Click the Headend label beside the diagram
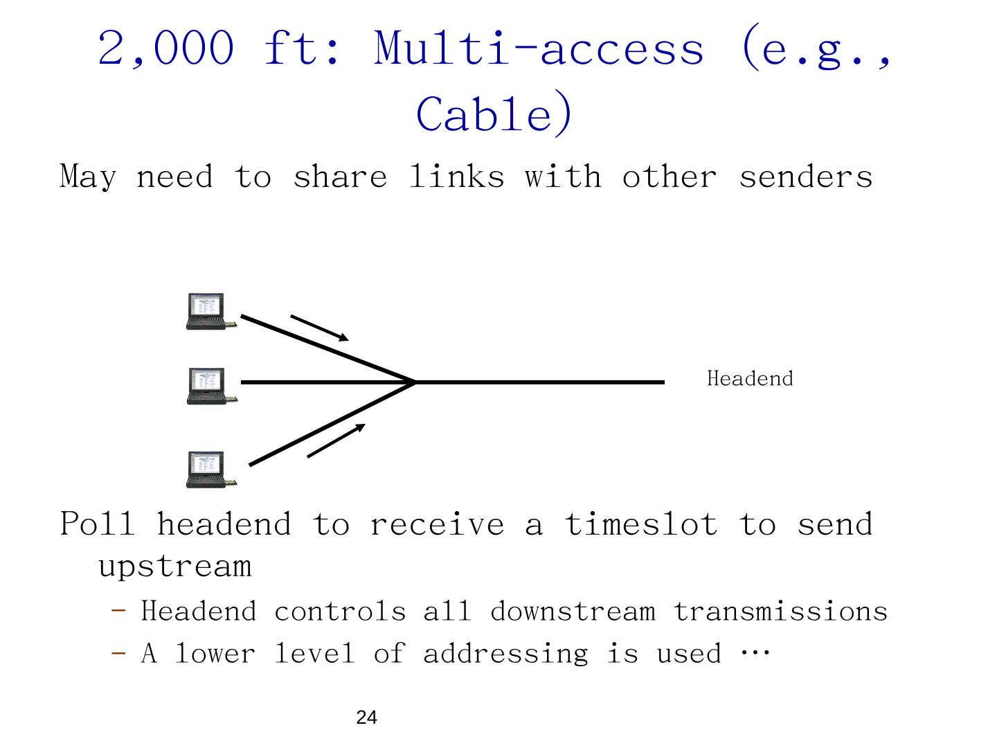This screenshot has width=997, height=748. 750,379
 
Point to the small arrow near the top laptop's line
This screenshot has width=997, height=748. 319,328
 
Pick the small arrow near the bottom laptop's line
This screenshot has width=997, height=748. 336,440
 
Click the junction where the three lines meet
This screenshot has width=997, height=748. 415,382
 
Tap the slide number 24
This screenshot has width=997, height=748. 366,718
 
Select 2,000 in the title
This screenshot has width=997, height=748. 166,48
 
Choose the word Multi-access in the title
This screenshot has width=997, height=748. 539,48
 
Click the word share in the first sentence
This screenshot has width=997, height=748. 340,177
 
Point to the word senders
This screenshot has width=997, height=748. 805,177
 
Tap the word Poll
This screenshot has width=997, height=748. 98,524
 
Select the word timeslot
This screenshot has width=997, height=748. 640,524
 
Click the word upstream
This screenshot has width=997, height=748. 174,567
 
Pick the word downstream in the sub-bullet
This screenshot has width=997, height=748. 573,612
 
